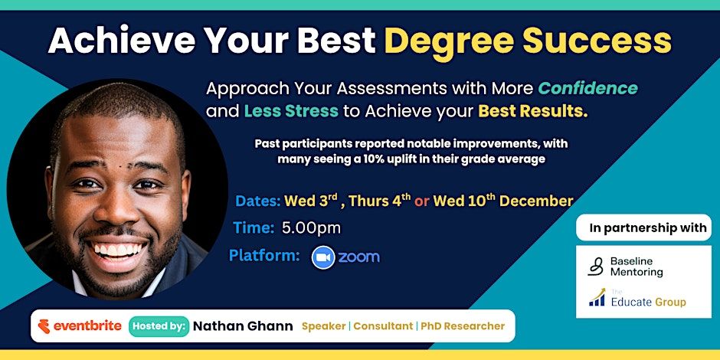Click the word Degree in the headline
click(449, 42)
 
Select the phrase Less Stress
click(291, 112)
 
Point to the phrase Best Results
click(533, 112)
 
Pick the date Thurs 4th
click(380, 201)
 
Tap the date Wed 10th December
click(503, 201)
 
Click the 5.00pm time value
click(312, 228)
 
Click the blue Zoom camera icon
click(323, 257)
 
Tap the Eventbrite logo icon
click(44, 326)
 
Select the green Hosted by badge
click(159, 326)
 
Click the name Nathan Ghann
click(243, 326)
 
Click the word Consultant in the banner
click(383, 326)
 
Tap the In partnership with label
click(648, 228)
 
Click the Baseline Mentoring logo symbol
click(596, 267)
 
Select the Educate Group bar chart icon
click(597, 297)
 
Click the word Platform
click(264, 256)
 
